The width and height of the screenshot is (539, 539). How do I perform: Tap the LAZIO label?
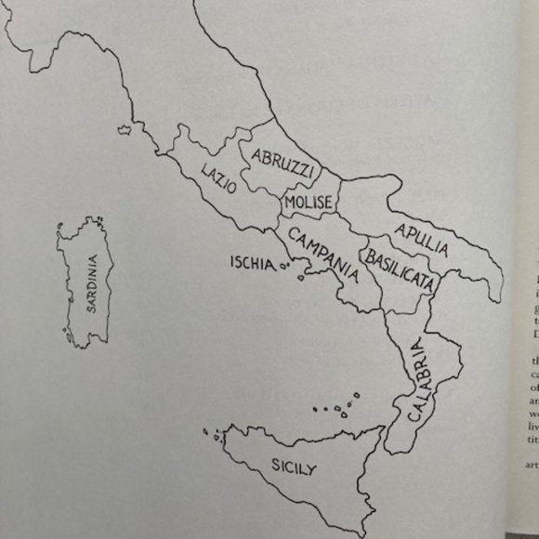point(218,177)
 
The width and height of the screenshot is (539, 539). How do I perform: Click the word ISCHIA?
point(253,263)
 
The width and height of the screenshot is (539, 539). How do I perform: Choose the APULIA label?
point(421,239)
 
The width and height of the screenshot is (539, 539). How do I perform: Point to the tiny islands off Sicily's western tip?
point(217,433)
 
